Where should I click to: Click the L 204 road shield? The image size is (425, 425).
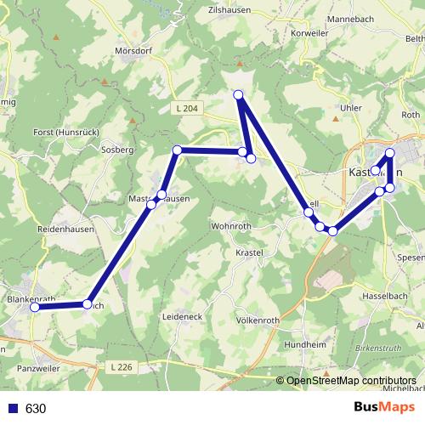(189, 108)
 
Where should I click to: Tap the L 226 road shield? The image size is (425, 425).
(122, 366)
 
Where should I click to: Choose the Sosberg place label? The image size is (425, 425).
(117, 150)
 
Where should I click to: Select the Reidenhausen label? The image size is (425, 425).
(64, 230)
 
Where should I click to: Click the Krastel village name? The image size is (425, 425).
(252, 253)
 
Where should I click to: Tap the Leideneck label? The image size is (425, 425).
(181, 316)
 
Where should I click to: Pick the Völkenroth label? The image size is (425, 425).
(258, 320)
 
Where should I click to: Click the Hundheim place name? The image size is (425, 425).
(304, 345)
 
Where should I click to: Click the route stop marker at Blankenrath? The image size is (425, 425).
(36, 308)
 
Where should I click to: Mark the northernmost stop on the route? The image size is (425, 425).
(239, 94)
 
